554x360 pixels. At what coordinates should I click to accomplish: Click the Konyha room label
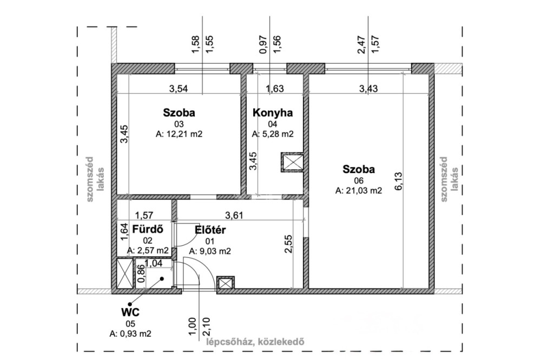273,112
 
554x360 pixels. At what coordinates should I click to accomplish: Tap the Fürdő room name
148,229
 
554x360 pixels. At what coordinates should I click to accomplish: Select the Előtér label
210,230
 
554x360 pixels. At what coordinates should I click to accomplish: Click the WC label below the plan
130,312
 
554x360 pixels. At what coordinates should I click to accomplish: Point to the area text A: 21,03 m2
359,191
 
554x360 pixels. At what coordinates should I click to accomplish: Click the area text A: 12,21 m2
179,134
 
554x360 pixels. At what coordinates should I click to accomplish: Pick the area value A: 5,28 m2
273,134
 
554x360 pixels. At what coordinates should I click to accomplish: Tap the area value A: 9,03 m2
210,251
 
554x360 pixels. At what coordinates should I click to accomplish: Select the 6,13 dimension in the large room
399,181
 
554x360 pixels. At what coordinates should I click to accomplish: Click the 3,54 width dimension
179,88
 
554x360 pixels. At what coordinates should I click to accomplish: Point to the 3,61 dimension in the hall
234,215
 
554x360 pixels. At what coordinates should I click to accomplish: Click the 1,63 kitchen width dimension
274,88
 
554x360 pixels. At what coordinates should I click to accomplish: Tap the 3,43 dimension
368,88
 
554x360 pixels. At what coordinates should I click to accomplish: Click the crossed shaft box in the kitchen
292,162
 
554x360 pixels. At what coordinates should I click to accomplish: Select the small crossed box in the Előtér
226,282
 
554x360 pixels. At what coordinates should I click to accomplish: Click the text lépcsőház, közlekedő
255,342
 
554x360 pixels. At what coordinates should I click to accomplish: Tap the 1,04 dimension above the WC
153,263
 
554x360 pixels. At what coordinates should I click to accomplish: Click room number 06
359,181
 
